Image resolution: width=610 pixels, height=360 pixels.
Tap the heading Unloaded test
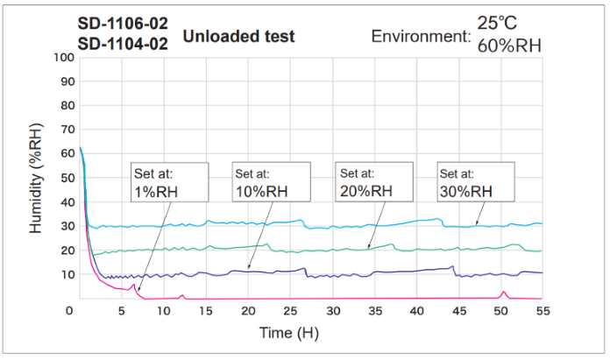click(238, 36)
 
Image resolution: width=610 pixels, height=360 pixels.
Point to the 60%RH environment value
click(509, 46)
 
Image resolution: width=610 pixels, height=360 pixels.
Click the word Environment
click(421, 36)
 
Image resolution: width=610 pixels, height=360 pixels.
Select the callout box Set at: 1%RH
click(170, 182)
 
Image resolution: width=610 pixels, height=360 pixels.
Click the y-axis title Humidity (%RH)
click(36, 179)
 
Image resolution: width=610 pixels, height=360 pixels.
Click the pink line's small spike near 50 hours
click(503, 293)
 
